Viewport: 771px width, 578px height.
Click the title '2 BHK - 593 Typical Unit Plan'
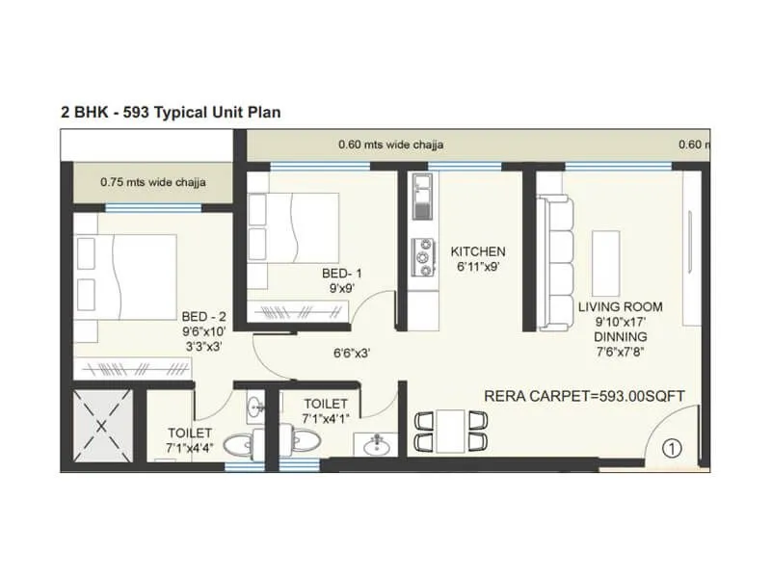point(171,112)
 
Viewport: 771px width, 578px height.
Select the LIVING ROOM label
point(620,307)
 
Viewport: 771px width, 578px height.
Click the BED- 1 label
point(342,274)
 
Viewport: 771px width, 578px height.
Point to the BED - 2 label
point(203,316)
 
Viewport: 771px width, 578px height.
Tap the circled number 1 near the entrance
point(672,447)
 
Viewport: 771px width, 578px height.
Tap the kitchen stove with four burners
point(421,254)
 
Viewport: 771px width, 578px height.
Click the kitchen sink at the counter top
point(421,196)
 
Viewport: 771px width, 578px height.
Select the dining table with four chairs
point(450,431)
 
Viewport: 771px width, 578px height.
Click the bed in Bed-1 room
point(293,227)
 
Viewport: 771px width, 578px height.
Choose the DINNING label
point(620,337)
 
